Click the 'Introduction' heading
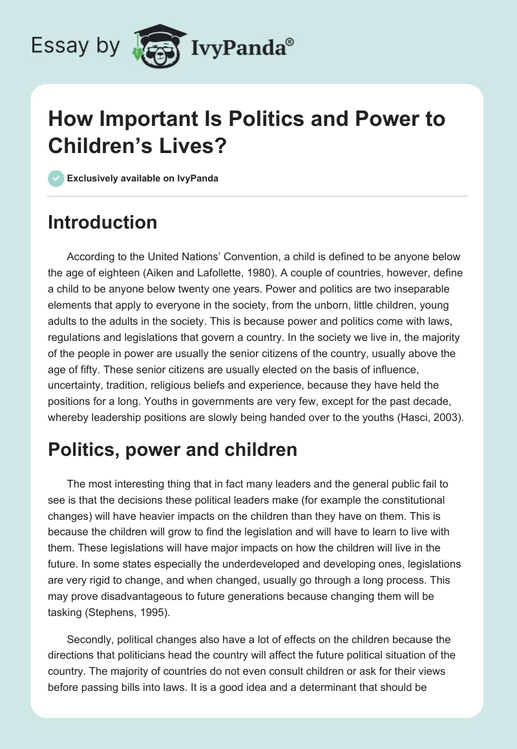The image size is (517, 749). tap(103, 222)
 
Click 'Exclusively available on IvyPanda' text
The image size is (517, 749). tap(142, 179)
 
